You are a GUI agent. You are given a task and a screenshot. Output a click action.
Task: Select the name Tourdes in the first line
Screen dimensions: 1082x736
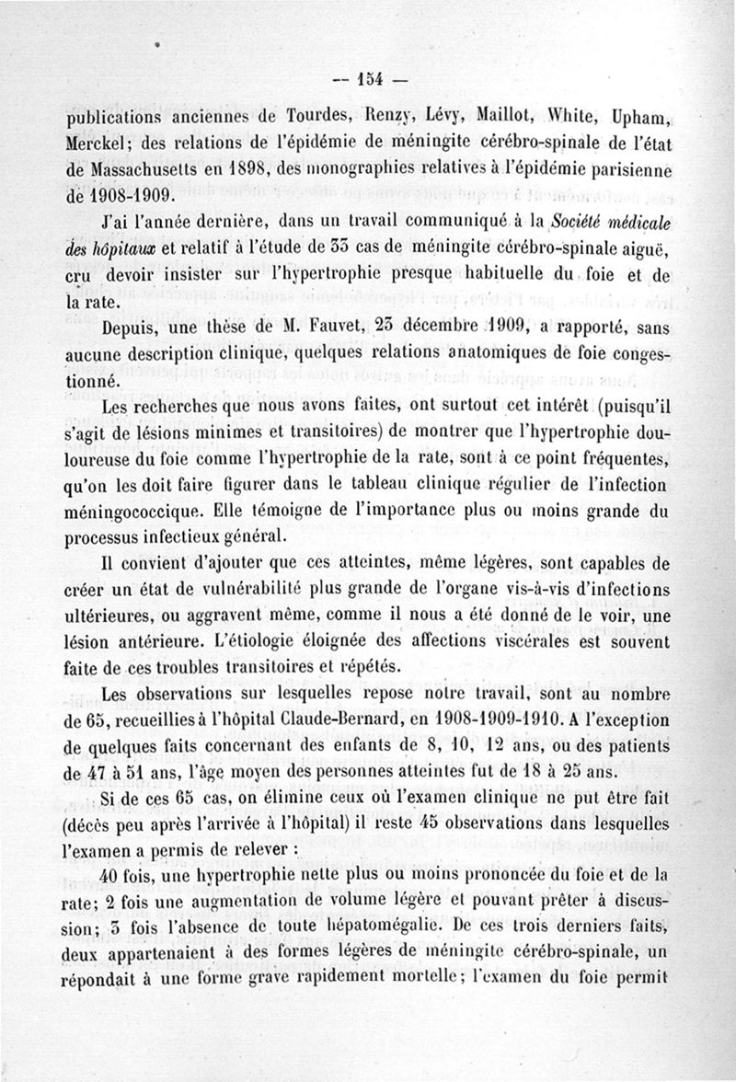coord(293,118)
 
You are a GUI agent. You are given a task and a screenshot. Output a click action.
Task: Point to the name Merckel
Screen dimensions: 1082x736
coord(99,145)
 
